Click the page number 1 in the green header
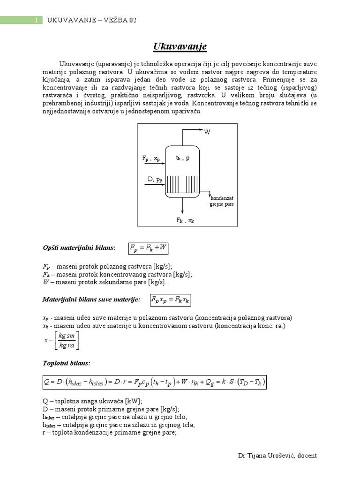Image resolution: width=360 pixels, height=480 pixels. point(36,20)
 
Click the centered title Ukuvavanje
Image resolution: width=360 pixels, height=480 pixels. point(180,47)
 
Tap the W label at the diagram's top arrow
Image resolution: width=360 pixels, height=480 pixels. point(207,132)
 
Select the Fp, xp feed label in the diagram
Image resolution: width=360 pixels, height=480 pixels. point(151,159)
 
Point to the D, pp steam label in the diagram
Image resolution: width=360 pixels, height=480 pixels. point(155,179)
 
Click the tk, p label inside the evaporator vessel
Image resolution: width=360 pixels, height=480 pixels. point(183,158)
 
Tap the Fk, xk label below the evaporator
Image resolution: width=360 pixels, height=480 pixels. point(185,220)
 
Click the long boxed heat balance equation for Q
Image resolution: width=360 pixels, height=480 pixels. point(154,382)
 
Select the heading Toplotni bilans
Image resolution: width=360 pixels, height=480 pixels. point(60,363)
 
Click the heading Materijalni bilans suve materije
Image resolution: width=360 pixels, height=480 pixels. point(91,299)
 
